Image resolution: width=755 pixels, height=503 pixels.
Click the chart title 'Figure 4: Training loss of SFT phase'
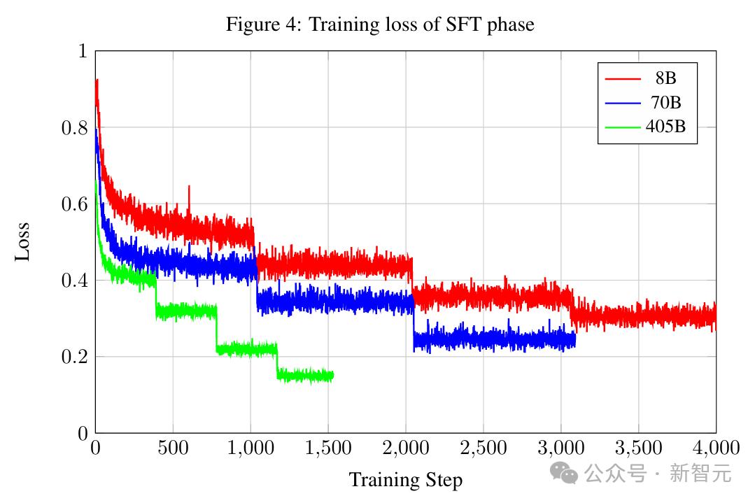tap(379, 25)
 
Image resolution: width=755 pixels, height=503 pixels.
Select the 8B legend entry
tap(665, 78)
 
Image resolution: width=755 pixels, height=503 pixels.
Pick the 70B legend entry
tap(665, 103)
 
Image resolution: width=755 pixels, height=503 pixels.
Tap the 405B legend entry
tap(665, 128)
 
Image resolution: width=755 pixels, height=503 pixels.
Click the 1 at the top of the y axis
tap(81, 52)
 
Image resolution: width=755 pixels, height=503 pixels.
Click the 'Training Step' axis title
tap(405, 481)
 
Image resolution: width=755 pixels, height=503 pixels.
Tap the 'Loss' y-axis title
tap(23, 242)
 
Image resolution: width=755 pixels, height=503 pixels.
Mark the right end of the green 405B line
tap(333, 376)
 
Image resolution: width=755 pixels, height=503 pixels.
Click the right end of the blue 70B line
tap(575, 340)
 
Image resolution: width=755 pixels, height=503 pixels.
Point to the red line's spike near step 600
tap(189, 187)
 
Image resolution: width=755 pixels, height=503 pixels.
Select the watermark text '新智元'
tap(701, 474)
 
